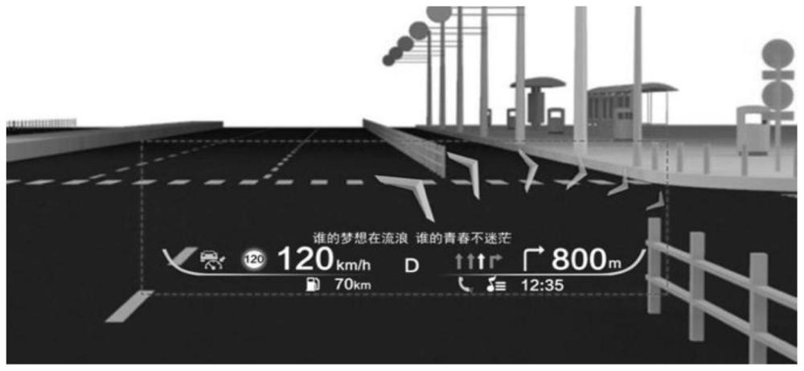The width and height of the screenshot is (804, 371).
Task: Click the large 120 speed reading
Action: click(x=306, y=260)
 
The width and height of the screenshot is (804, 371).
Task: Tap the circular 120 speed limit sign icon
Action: click(x=254, y=260)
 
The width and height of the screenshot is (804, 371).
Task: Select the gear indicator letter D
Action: click(x=412, y=266)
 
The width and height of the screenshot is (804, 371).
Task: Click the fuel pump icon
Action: click(x=312, y=284)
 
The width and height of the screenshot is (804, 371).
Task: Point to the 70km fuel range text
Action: click(x=352, y=284)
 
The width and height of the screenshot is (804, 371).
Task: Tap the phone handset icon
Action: click(x=465, y=284)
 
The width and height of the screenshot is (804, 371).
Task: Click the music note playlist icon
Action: click(x=496, y=285)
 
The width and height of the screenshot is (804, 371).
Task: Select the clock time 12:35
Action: click(x=542, y=285)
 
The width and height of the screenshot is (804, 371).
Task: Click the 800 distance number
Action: click(x=580, y=260)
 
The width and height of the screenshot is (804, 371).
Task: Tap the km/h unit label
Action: click(x=353, y=265)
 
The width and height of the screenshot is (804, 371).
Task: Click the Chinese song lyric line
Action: click(x=413, y=238)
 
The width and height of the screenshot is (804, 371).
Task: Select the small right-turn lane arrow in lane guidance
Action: click(x=494, y=262)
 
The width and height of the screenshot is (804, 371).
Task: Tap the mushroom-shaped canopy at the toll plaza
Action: click(x=538, y=82)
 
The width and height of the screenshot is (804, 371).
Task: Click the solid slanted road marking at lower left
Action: click(x=129, y=307)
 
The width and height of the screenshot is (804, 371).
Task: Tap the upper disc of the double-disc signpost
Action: click(x=777, y=53)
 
